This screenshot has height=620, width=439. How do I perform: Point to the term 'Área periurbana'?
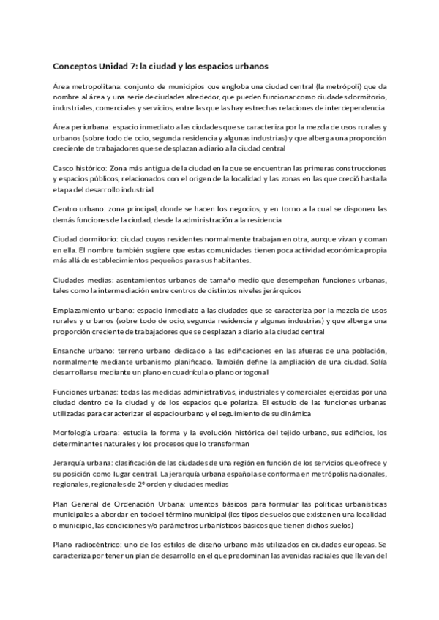[76, 127]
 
